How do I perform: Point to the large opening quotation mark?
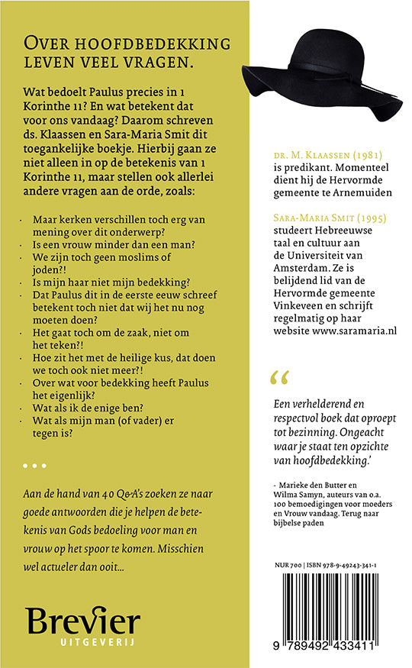(x=281, y=376)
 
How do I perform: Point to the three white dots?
(x=35, y=465)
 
